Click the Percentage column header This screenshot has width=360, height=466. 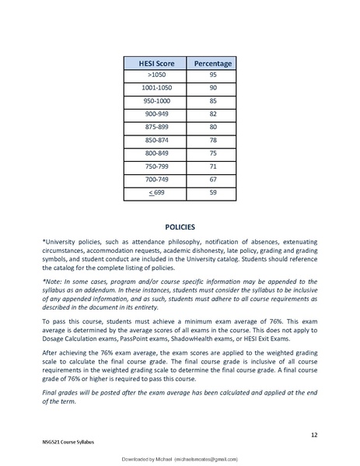point(213,61)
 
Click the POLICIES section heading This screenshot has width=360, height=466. point(180,227)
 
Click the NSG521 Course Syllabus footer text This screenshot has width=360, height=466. point(68,441)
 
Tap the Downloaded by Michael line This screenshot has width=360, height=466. point(180,459)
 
